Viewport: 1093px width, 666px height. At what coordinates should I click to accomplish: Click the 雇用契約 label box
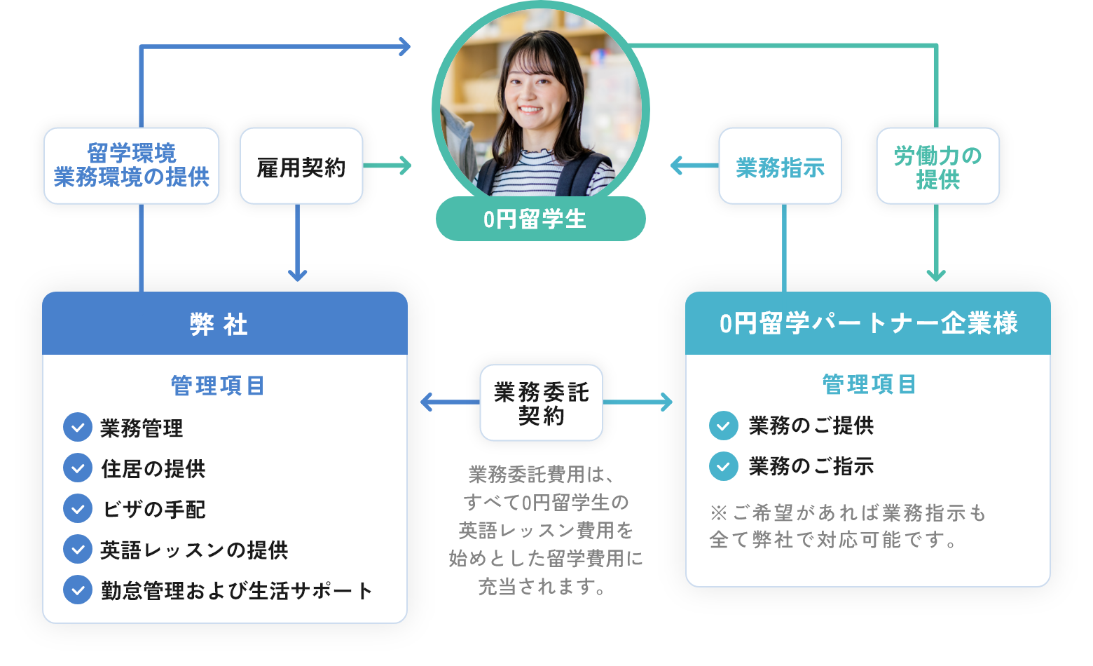(x=301, y=166)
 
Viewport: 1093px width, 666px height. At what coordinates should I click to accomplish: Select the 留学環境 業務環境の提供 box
(x=132, y=166)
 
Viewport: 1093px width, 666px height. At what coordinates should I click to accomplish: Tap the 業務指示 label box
(x=780, y=166)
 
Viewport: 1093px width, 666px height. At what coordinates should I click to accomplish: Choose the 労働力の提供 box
(x=937, y=166)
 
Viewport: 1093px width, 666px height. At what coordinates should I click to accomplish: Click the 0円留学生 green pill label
(x=540, y=219)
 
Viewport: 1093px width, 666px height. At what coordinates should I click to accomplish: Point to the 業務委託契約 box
(x=541, y=403)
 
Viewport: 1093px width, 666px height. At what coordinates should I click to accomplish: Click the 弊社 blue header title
(x=219, y=325)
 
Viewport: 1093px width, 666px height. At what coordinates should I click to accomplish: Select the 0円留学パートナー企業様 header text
(x=868, y=323)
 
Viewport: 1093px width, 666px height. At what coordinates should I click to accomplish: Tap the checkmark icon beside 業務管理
(x=78, y=427)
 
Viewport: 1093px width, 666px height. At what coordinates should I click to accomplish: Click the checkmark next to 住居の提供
(x=78, y=468)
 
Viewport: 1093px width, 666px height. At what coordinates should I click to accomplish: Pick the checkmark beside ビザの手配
(x=78, y=508)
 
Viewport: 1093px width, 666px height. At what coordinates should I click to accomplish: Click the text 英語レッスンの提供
(x=194, y=550)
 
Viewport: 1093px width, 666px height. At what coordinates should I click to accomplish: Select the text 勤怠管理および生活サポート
(x=236, y=590)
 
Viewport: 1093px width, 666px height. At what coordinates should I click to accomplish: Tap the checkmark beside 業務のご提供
(x=724, y=426)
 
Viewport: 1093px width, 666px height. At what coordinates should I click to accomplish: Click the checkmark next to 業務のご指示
(x=724, y=466)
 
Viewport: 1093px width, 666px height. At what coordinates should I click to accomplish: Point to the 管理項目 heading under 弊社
(x=218, y=386)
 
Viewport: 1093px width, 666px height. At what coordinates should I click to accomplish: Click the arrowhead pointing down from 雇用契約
(x=298, y=275)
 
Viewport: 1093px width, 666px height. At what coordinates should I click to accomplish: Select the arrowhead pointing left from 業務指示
(x=677, y=166)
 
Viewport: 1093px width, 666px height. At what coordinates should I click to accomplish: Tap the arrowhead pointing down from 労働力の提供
(x=936, y=274)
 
